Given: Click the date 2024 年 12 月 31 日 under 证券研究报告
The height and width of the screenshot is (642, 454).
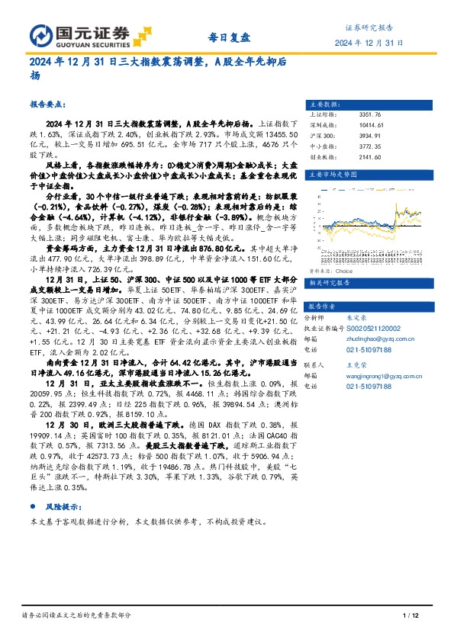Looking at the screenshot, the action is (x=369, y=43).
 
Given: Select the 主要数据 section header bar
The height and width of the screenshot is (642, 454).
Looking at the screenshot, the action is (x=367, y=104).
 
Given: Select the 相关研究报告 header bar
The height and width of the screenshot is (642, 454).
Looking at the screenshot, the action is (x=367, y=262).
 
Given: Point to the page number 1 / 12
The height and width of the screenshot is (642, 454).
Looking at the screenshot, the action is (x=410, y=615).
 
